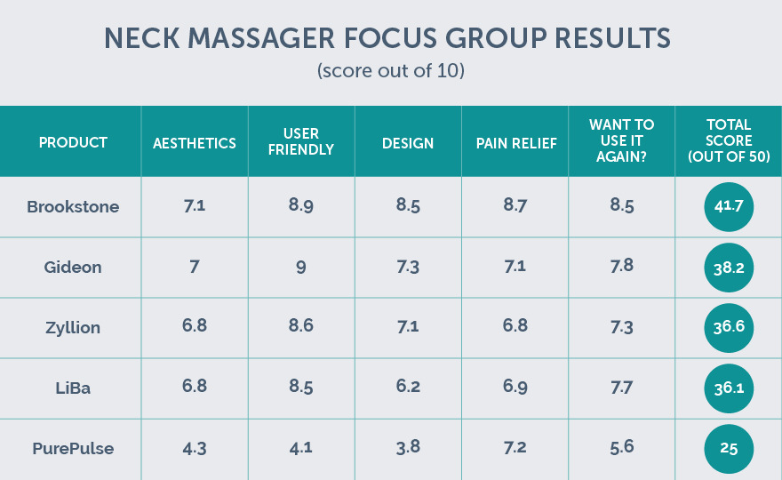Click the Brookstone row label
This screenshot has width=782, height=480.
pos(73,207)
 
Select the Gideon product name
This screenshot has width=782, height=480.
pos(73,267)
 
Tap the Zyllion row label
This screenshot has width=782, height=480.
pos(73,327)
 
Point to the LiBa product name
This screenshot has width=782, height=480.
pos(73,388)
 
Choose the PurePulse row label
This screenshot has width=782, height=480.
pos(73,448)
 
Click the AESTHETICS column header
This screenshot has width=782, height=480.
pos(195,142)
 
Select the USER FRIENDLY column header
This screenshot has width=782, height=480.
pos(301,142)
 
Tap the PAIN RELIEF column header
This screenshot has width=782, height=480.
pos(515,142)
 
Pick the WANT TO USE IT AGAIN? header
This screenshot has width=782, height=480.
pos(622,142)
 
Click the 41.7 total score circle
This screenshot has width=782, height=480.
pos(729,207)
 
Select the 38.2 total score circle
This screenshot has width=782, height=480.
pos(729,267)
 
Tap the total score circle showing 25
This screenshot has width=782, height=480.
pos(729,448)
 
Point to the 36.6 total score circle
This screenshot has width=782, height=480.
pos(729,327)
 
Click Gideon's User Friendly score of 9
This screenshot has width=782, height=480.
pos(301,267)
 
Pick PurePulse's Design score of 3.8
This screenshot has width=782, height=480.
pos(408,448)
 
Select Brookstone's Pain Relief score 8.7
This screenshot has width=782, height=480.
pos(515,207)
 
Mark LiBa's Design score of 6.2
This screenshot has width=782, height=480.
pos(408,388)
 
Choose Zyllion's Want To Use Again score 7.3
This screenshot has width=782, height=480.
pos(622,327)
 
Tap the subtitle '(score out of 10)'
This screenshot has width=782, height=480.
pos(391,71)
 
